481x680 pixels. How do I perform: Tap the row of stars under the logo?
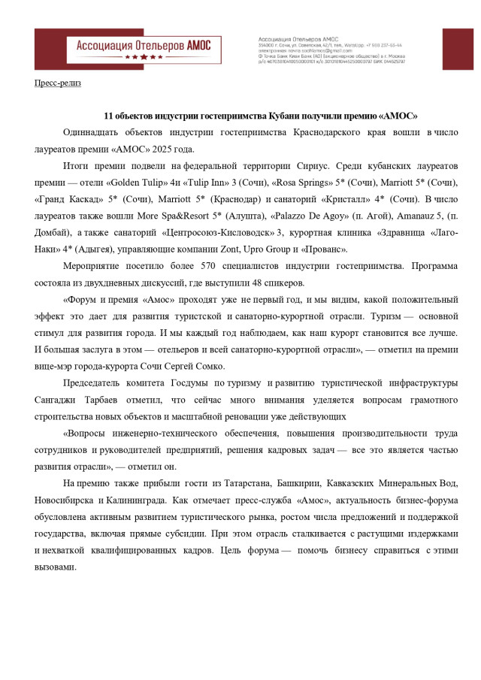[143, 56]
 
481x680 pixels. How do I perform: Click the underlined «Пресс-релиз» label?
[58, 83]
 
